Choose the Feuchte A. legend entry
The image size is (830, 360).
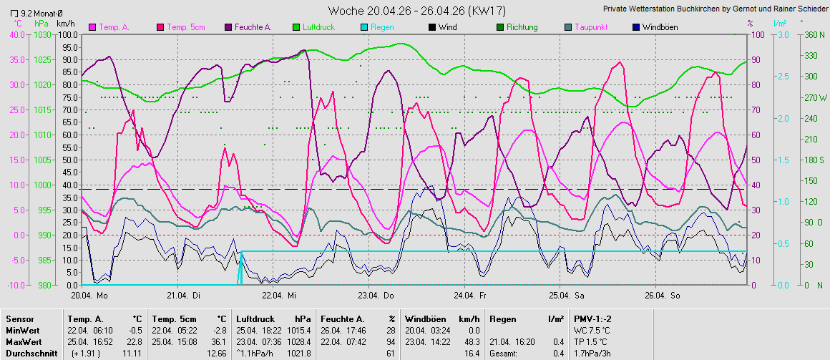pos(252,27)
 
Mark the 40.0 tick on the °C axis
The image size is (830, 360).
pos(12,34)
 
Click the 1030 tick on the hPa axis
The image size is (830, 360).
pos(42,34)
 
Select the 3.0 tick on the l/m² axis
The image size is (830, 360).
pos(782,34)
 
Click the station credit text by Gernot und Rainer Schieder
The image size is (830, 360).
pos(714,9)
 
